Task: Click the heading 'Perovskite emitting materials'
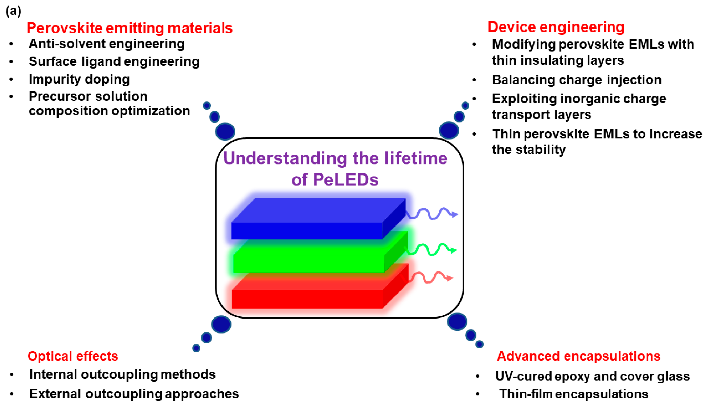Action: pos(130,28)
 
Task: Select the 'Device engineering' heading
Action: pos(556,27)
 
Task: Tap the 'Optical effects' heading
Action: pos(73,356)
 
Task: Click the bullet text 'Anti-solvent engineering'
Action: pos(107,44)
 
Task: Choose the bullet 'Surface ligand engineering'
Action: pos(114,62)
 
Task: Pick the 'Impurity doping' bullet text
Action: pos(79,79)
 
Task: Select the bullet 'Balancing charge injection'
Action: pos(577,80)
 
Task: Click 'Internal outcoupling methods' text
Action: pos(123,375)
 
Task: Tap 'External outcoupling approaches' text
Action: pos(134,394)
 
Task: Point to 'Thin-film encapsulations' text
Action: pos(574,394)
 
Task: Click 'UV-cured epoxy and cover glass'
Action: pos(593,376)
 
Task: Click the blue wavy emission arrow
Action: pos(432,214)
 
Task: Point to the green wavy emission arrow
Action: pos(431,249)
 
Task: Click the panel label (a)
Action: pos(13,11)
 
